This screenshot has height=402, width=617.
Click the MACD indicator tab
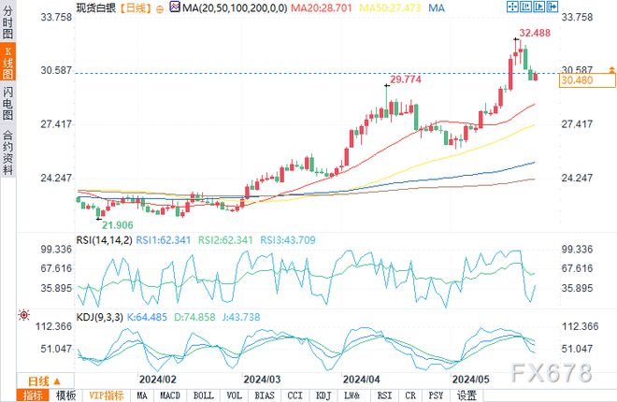pyautogui.click(x=170, y=395)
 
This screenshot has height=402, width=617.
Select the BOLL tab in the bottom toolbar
pyautogui.click(x=202, y=395)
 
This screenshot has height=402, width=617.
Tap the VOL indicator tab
pyautogui.click(x=234, y=395)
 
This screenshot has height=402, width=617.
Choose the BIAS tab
pyautogui.click(x=265, y=395)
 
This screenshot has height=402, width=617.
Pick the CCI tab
pyautogui.click(x=294, y=395)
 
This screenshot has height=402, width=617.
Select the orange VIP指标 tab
pyautogui.click(x=105, y=395)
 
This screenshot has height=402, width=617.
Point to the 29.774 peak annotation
pyautogui.click(x=408, y=80)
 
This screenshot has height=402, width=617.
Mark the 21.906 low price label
pyautogui.click(x=118, y=225)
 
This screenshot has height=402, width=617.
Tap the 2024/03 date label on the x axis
pyautogui.click(x=263, y=380)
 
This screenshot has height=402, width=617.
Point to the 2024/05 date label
pyautogui.click(x=471, y=380)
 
